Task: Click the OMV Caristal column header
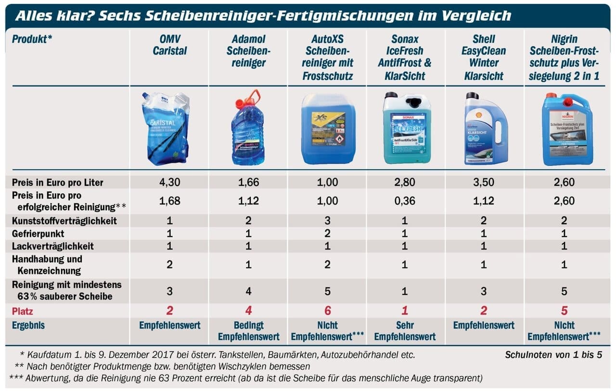click(x=169, y=45)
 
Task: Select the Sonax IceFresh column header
click(x=405, y=57)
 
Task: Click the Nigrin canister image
click(x=566, y=129)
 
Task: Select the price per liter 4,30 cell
click(x=169, y=183)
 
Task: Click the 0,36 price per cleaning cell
click(x=405, y=201)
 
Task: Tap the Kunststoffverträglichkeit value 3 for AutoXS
click(x=327, y=221)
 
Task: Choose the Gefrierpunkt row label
click(x=38, y=234)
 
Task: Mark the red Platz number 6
click(x=327, y=311)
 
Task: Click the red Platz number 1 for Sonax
click(x=405, y=311)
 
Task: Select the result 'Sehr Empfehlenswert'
click(x=405, y=331)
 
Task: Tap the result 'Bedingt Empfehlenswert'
click(x=248, y=331)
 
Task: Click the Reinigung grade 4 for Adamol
click(x=248, y=291)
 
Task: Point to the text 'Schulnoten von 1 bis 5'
click(x=553, y=356)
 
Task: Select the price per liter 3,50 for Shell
click(x=483, y=183)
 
